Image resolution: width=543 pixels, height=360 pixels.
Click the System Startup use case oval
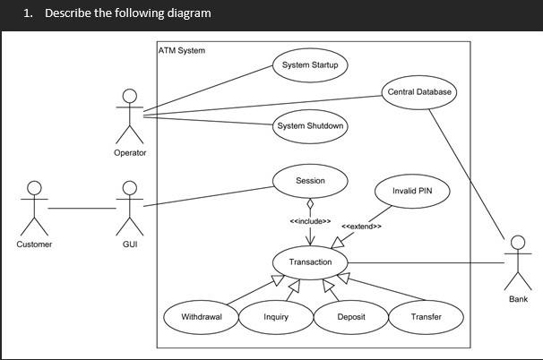(309, 65)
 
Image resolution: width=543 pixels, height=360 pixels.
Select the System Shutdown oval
(310, 126)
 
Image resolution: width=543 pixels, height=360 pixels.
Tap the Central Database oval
(419, 92)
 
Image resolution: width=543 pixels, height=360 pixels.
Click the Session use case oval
(310, 181)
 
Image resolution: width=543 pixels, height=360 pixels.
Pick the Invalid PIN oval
(408, 191)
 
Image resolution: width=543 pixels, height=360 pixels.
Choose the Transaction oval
(310, 262)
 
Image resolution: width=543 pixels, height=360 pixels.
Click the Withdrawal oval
(202, 317)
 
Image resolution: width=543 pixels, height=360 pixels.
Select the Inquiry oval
(276, 317)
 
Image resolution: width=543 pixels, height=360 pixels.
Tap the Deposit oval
(350, 317)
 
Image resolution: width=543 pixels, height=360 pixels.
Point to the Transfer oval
(426, 317)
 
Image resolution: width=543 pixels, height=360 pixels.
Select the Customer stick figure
(34, 207)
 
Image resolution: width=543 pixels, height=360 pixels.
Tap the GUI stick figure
(130, 207)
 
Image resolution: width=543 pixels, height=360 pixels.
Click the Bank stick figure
(517, 261)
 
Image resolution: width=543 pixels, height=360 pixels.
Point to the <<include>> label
(310, 221)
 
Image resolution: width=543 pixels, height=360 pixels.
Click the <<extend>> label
(362, 227)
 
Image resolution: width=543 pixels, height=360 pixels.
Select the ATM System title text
(182, 50)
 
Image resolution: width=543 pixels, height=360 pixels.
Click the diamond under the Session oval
(310, 203)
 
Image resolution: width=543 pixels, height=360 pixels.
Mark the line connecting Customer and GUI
(82, 208)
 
